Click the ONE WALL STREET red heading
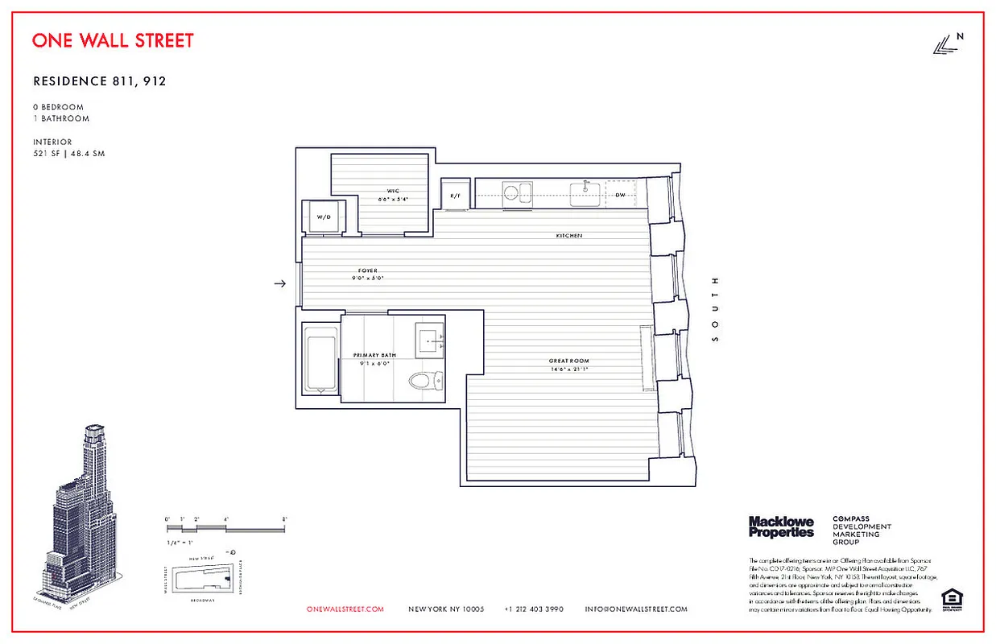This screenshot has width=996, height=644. (x=113, y=40)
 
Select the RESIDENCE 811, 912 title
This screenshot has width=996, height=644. (x=99, y=81)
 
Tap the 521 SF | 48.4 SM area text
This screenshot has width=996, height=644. (x=68, y=154)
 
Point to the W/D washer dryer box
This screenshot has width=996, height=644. (x=324, y=217)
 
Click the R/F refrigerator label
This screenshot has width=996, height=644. (x=455, y=196)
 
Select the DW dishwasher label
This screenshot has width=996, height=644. (x=621, y=195)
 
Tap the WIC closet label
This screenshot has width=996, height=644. (x=393, y=192)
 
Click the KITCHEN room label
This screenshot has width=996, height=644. (x=568, y=236)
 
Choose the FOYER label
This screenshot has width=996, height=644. (x=368, y=270)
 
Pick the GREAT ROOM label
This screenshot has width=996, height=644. (x=568, y=361)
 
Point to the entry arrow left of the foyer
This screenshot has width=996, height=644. (x=280, y=283)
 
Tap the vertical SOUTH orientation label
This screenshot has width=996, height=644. (x=713, y=310)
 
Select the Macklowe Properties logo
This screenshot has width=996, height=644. (x=781, y=527)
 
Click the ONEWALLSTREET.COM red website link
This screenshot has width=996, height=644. (x=345, y=609)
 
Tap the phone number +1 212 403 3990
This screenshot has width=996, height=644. (x=534, y=609)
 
